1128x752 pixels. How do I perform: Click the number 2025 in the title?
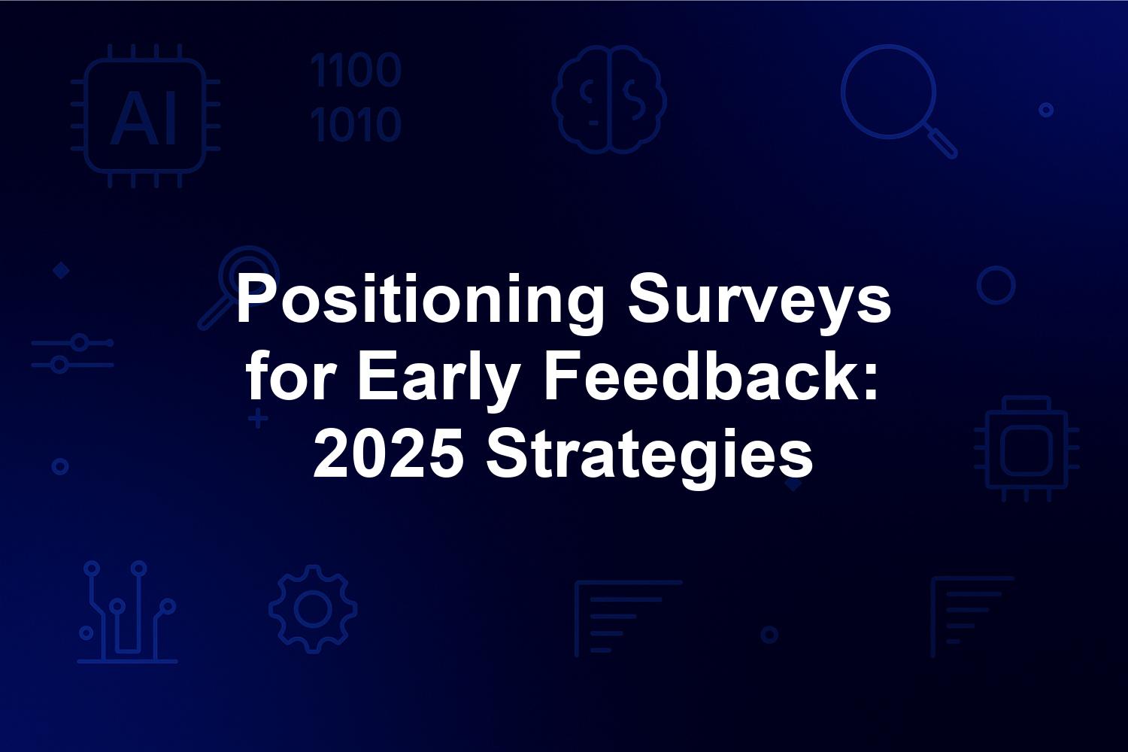coord(388,452)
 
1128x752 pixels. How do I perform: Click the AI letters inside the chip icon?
coord(144,118)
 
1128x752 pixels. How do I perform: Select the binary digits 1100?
coord(356,69)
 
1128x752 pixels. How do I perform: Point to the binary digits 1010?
coord(356,124)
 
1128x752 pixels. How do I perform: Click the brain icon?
coord(609,99)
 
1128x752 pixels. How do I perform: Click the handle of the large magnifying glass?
coord(942,143)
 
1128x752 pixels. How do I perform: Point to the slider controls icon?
coord(72,353)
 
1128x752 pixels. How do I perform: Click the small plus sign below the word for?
coord(258,419)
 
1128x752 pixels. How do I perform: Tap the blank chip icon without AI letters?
coord(1026,449)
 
